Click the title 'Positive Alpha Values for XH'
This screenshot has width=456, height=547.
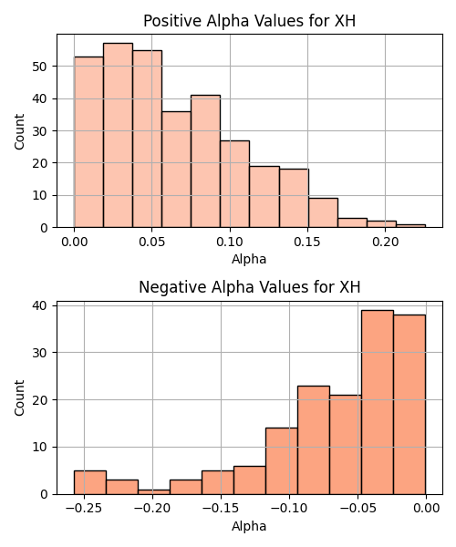(250, 21)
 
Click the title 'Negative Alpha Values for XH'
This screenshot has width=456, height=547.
(250, 287)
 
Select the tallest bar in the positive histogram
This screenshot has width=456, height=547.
(118, 135)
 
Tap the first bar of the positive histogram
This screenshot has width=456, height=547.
(88, 142)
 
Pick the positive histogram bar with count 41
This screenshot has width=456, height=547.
(205, 161)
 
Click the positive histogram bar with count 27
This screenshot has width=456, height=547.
(234, 184)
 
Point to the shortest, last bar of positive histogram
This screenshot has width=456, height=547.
(410, 226)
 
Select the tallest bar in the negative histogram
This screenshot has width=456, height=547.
(378, 402)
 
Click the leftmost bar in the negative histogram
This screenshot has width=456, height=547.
(90, 482)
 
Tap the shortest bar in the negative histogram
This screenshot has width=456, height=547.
(154, 492)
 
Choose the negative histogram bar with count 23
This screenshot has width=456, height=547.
(314, 440)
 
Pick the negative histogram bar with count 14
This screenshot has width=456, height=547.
(282, 461)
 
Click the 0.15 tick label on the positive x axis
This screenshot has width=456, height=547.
(307, 242)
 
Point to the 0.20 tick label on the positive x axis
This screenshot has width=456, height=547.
(385, 242)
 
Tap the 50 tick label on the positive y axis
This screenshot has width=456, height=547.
(40, 67)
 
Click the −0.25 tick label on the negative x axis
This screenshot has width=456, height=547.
(84, 509)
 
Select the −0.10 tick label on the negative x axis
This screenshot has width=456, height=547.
(289, 509)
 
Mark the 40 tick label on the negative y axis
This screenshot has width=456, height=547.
(40, 306)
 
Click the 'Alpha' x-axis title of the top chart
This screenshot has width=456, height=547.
(249, 259)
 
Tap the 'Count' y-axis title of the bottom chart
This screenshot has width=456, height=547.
(19, 398)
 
